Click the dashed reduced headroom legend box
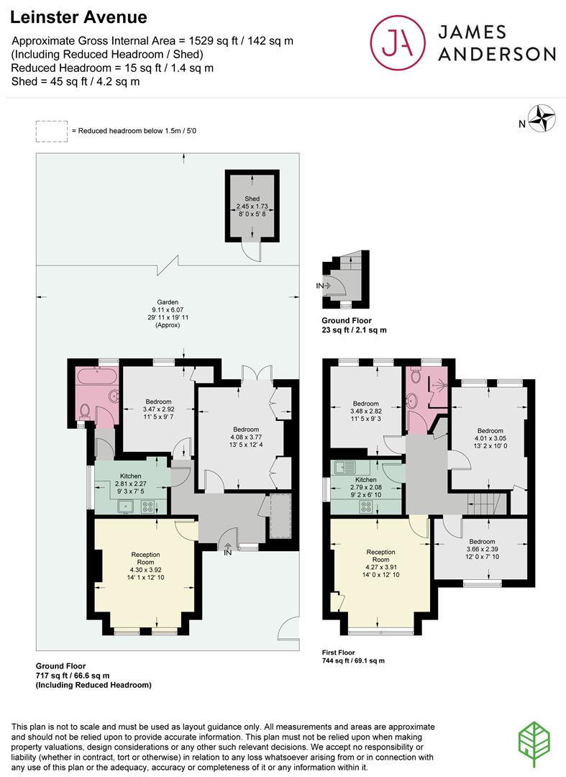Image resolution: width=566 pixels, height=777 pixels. [52, 130]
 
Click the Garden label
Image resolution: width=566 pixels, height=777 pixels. [169, 302]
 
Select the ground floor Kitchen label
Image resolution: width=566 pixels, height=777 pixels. [130, 476]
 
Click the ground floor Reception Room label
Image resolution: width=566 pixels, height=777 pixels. [145, 558]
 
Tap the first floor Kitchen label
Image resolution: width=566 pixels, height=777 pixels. [365, 480]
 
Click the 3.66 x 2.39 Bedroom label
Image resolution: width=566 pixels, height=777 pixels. [482, 542]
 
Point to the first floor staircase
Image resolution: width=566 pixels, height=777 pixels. [485, 501]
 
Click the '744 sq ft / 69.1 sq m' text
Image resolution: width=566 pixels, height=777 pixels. [354, 660]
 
